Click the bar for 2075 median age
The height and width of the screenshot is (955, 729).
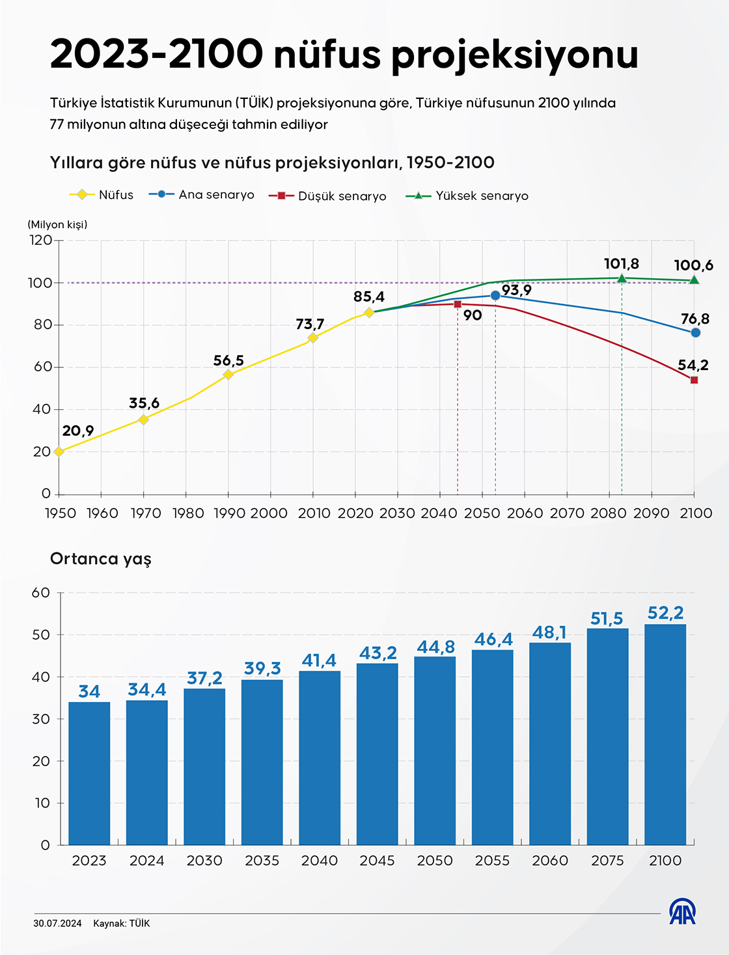click(607, 736)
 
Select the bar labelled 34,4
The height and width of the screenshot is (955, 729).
click(147, 773)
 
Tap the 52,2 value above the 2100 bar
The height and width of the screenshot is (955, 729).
click(665, 613)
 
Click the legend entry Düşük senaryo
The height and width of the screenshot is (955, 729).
click(328, 196)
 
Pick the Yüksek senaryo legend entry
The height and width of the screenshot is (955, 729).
click(467, 195)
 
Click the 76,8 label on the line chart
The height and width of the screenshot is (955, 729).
click(695, 319)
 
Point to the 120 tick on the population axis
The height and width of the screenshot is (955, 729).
click(40, 240)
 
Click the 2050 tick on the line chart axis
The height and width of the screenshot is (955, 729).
click(482, 513)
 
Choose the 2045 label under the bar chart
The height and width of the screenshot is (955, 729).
click(377, 861)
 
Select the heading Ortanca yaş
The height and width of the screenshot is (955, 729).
click(101, 559)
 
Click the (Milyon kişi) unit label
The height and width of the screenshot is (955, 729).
click(57, 224)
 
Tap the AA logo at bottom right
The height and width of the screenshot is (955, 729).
click(682, 911)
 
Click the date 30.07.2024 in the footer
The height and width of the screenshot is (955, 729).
click(57, 923)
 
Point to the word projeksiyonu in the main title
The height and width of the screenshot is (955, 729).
click(515, 55)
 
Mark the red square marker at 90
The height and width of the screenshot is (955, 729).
click(458, 304)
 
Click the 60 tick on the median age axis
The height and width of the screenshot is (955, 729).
click(41, 593)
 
